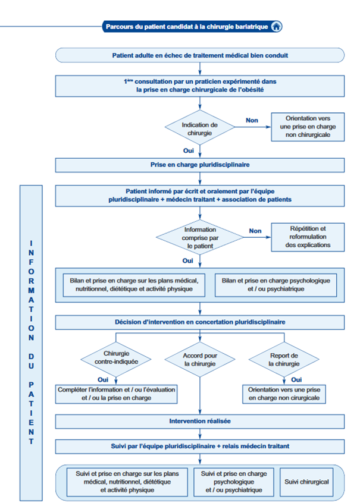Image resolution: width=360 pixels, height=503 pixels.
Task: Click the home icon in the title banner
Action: (x=276, y=27)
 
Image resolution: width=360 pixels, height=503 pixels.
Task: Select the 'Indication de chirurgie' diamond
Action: (x=200, y=127)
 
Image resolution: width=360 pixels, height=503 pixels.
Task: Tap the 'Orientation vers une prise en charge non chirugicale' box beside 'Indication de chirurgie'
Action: (x=308, y=127)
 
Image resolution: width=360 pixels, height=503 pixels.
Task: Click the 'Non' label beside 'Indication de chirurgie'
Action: (x=252, y=120)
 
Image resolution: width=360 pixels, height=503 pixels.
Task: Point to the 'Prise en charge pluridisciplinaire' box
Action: (x=200, y=165)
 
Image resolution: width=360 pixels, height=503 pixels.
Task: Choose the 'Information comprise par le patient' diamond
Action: (x=200, y=238)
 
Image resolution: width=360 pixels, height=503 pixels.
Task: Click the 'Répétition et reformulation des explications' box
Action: (x=308, y=237)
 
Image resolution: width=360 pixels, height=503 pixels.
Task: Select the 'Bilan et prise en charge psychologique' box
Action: (x=276, y=285)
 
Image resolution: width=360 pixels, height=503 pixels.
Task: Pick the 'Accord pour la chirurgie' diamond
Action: (x=200, y=360)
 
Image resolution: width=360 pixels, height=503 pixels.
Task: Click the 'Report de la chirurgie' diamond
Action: (x=284, y=360)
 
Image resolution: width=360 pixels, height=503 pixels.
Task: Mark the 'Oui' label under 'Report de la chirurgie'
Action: (x=296, y=380)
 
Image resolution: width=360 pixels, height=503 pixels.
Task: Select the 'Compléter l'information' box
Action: (x=116, y=394)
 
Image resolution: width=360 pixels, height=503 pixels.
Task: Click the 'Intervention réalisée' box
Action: (x=200, y=422)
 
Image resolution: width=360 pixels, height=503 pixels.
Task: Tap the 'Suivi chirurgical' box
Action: (x=306, y=482)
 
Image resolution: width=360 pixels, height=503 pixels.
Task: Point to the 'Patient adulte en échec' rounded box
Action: (x=200, y=55)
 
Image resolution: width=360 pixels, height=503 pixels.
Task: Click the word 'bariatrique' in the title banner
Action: (x=252, y=27)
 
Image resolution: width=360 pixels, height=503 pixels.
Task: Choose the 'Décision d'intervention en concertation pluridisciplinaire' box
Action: (x=200, y=322)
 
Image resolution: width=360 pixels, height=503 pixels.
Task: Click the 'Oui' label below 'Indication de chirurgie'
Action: (x=189, y=151)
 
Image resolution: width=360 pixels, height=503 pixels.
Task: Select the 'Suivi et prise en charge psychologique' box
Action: (x=234, y=482)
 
